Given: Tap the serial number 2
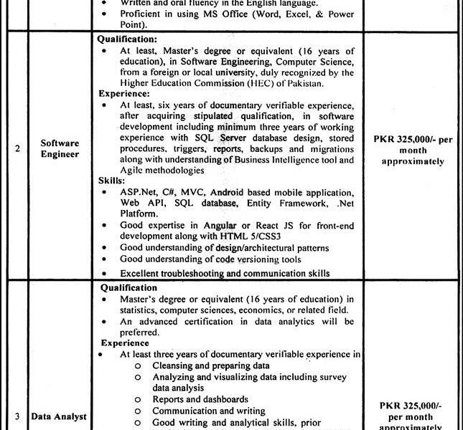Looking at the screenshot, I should (x=17, y=152).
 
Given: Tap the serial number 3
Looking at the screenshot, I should (x=17, y=416).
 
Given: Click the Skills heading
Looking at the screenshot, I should (x=111, y=182).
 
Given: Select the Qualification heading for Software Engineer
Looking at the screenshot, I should (x=127, y=40).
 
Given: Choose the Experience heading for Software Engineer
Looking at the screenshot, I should (x=123, y=93).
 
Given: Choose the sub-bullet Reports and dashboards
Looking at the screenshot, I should (x=200, y=399).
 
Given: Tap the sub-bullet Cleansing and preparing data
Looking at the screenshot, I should (x=200, y=365).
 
